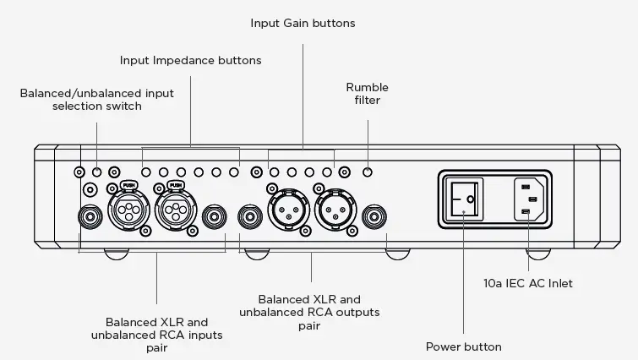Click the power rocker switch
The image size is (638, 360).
point(463,199)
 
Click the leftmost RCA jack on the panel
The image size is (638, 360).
point(87,217)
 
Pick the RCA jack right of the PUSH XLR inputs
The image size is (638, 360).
point(215,217)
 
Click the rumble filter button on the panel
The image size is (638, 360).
point(368,172)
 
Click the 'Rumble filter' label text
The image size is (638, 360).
point(368,93)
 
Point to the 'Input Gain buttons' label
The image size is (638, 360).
point(303,24)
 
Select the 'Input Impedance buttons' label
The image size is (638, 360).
point(189,60)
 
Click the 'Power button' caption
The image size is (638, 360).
point(463,346)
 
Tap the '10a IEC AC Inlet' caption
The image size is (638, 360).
point(528,283)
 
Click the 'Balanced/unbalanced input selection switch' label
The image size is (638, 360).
point(97,100)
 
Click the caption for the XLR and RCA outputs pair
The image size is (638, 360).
point(309,313)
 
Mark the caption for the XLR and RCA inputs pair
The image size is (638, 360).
point(156,335)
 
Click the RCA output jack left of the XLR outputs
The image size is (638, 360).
point(249,217)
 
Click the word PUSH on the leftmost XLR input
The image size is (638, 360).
point(128,184)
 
